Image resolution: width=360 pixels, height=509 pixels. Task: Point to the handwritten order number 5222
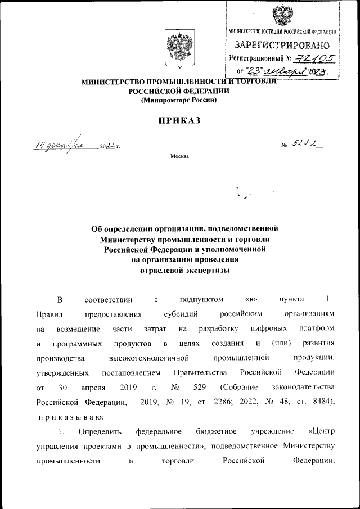307,145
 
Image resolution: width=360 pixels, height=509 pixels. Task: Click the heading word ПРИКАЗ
179,120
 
